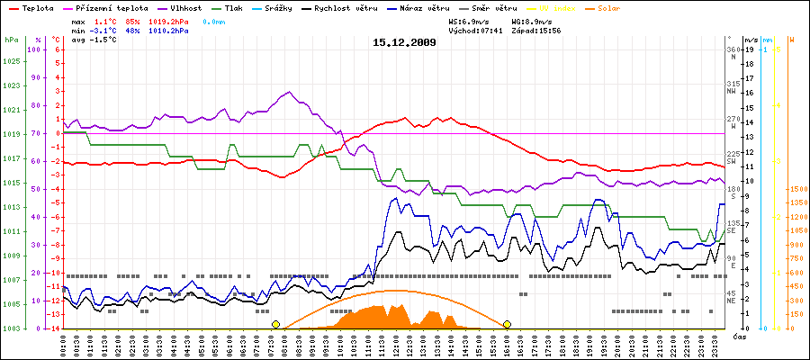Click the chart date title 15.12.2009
[x=404, y=41]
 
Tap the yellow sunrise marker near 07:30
[x=275, y=324]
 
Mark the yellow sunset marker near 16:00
[x=508, y=324]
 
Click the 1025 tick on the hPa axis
[x=11, y=61]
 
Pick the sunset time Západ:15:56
[x=536, y=30]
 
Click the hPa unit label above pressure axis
[x=11, y=40]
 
